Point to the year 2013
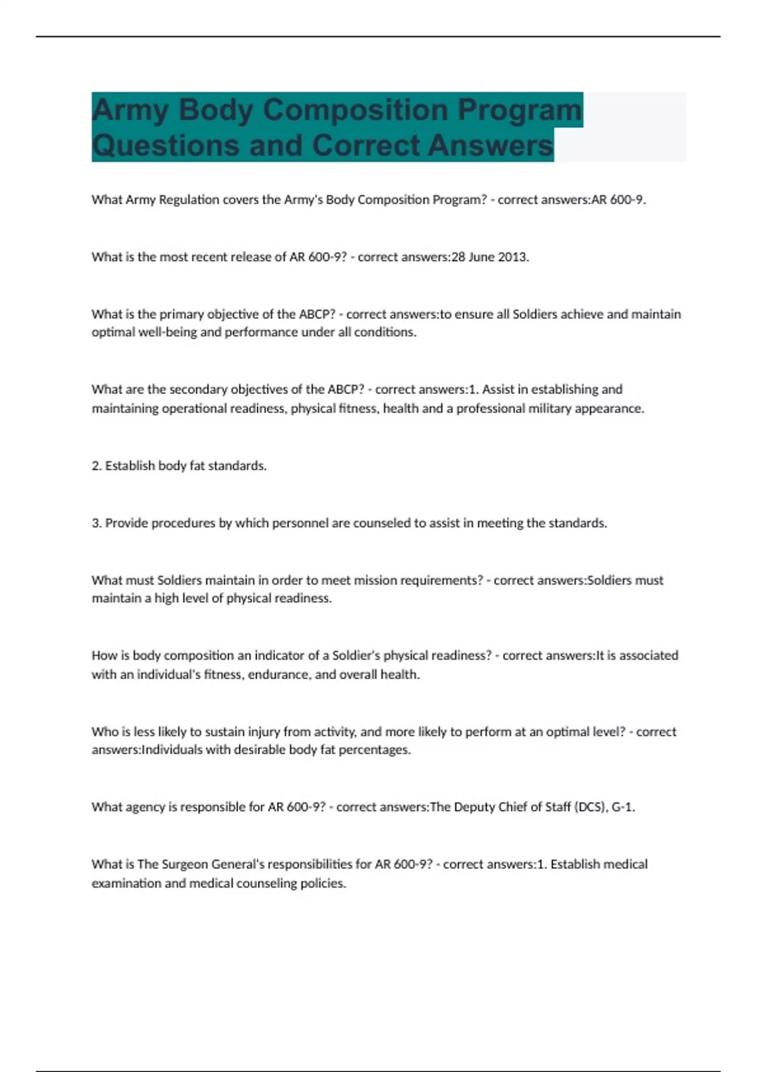tap(512, 257)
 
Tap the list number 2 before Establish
tap(97, 466)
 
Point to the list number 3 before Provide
tap(97, 523)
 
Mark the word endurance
tap(278, 675)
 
